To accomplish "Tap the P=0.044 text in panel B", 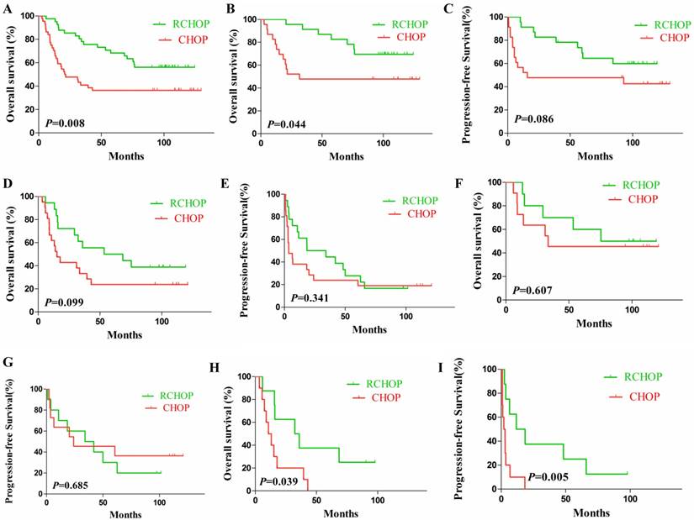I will click(286, 124).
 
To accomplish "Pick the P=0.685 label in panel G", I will click(73, 485).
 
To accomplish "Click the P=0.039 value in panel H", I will click(278, 481).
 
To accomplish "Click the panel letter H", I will click(241, 368).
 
